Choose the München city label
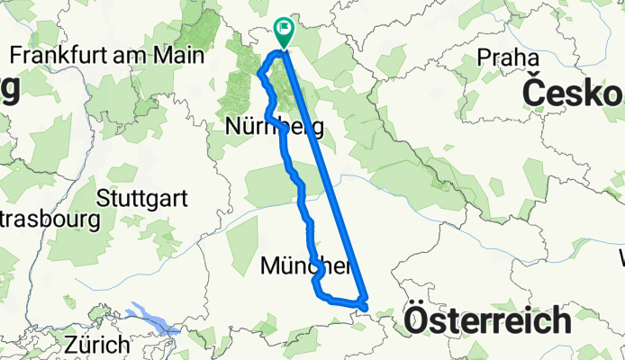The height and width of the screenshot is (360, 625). pos(304,265)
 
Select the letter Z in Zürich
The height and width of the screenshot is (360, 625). pos(69,344)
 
